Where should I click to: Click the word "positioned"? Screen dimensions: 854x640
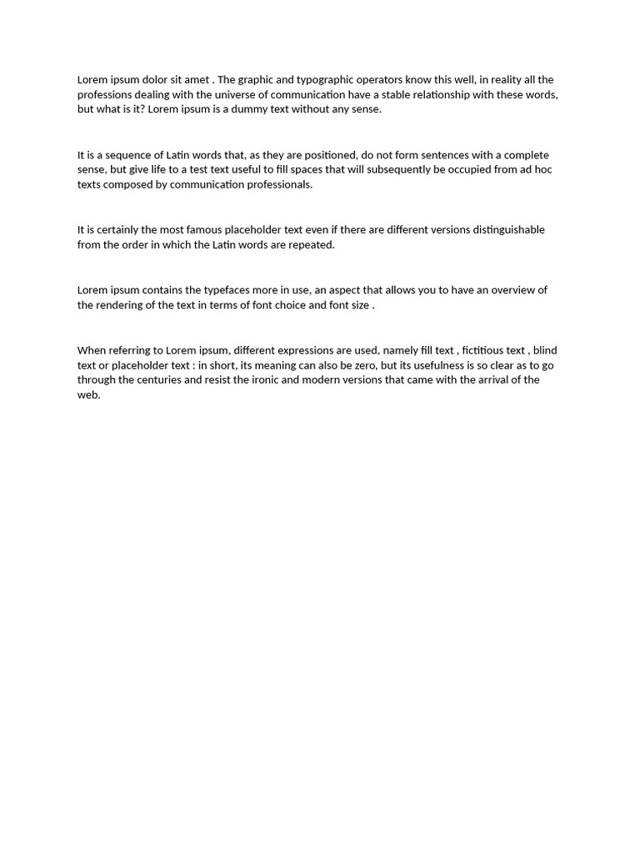click(326, 155)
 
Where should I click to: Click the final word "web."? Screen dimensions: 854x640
click(89, 395)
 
